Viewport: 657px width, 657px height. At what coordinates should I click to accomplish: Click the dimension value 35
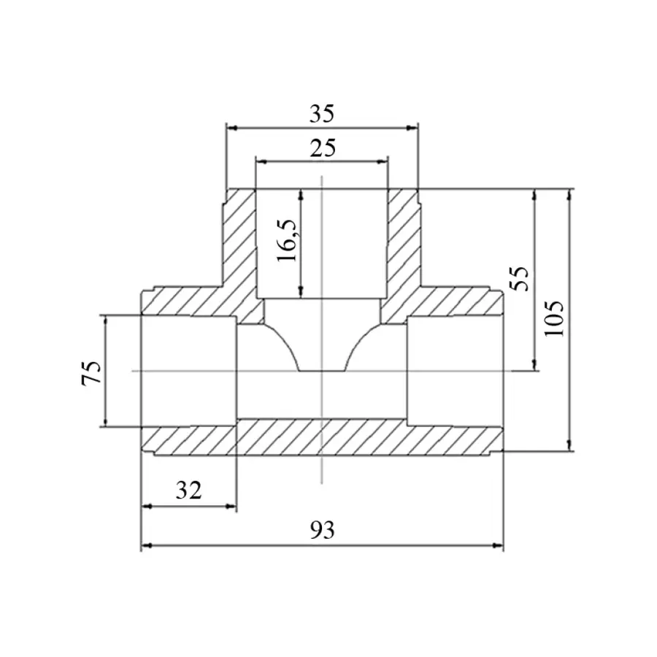point(322,114)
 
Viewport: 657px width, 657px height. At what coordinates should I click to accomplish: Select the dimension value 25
point(323,148)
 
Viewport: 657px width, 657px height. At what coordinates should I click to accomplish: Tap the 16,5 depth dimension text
point(288,240)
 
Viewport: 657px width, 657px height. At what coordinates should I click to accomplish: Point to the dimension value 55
point(520,279)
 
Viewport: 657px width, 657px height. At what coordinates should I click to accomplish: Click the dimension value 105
point(554,318)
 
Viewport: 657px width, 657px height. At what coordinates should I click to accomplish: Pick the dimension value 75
point(92,372)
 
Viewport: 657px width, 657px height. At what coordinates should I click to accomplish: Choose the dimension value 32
point(188,490)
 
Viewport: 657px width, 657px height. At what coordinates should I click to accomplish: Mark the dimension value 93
point(322,530)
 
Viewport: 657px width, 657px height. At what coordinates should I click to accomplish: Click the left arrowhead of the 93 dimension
point(147,545)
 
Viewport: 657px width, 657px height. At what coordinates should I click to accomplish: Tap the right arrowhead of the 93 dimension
point(498,545)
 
